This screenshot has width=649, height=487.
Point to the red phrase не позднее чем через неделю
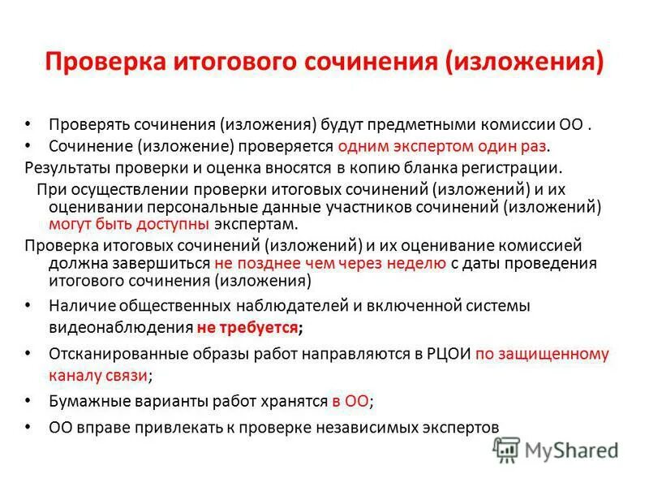pyautogui.click(x=329, y=263)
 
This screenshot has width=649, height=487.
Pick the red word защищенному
pyautogui.click(x=564, y=354)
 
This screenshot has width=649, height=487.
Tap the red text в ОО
pyautogui.click(x=350, y=401)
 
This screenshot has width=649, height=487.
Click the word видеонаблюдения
pyautogui.click(x=119, y=328)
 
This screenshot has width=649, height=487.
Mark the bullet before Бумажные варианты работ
pyautogui.click(x=29, y=401)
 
